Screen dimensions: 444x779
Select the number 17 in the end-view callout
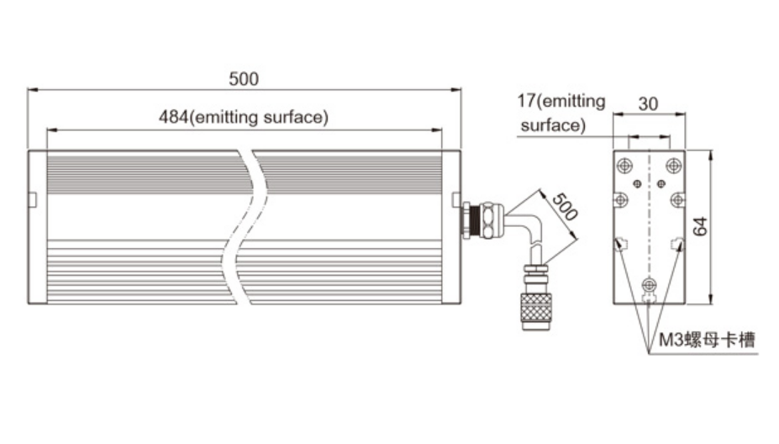click(525, 103)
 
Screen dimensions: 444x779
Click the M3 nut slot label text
click(706, 340)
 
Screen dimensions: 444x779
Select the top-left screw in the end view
click(625, 164)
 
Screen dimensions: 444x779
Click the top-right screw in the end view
click(672, 164)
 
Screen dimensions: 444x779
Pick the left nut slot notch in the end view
click(620, 244)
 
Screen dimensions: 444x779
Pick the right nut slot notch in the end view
click(677, 244)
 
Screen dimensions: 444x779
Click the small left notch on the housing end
click(32, 199)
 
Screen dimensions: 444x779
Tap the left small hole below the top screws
click(638, 182)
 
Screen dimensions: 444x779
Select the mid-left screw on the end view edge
click(621, 200)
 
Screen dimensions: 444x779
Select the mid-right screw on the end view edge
click(677, 200)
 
